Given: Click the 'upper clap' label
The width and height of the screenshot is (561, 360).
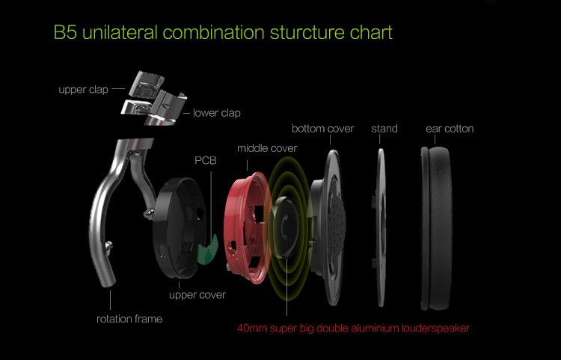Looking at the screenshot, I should [x=83, y=90].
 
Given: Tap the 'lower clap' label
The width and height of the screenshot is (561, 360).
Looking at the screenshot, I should [x=217, y=114].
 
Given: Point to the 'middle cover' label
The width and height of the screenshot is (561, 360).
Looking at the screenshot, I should [x=267, y=148].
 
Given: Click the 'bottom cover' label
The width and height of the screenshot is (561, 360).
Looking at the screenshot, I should [x=322, y=129].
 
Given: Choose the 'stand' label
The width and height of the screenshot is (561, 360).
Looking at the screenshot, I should [x=384, y=129].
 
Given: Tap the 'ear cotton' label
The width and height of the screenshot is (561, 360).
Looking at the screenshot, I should [x=450, y=129].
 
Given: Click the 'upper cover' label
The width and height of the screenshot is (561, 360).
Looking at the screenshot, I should [x=197, y=295].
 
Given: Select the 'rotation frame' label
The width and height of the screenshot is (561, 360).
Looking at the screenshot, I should [x=129, y=319].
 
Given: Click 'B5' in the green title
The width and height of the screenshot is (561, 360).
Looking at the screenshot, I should [x=65, y=34].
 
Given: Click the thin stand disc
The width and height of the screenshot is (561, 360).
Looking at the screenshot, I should [x=381, y=225].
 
